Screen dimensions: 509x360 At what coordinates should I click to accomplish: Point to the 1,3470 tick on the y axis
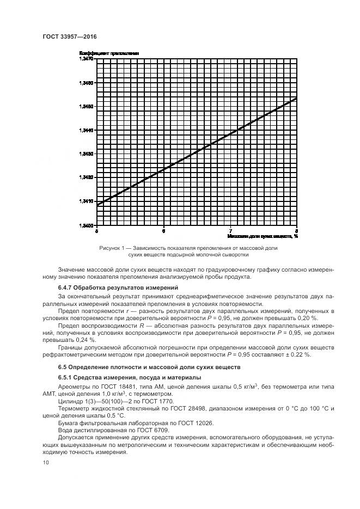coord(87,58)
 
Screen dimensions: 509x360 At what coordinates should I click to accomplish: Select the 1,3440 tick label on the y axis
coord(87,130)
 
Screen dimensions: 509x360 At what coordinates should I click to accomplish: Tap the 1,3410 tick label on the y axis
coord(87,201)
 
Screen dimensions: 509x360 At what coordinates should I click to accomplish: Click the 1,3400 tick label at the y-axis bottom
coord(87,225)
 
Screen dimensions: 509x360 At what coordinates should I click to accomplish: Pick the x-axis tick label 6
coord(163,231)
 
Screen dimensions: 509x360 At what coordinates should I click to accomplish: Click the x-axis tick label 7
coord(230,231)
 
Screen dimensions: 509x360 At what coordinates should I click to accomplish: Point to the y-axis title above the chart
coord(109,53)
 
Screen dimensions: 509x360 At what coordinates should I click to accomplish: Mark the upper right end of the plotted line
coord(297,99)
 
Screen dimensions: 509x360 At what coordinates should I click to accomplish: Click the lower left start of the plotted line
coord(97,205)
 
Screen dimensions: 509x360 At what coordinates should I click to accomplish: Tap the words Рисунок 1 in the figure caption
coord(112,248)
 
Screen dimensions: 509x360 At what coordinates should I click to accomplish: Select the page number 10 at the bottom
coord(45,462)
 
